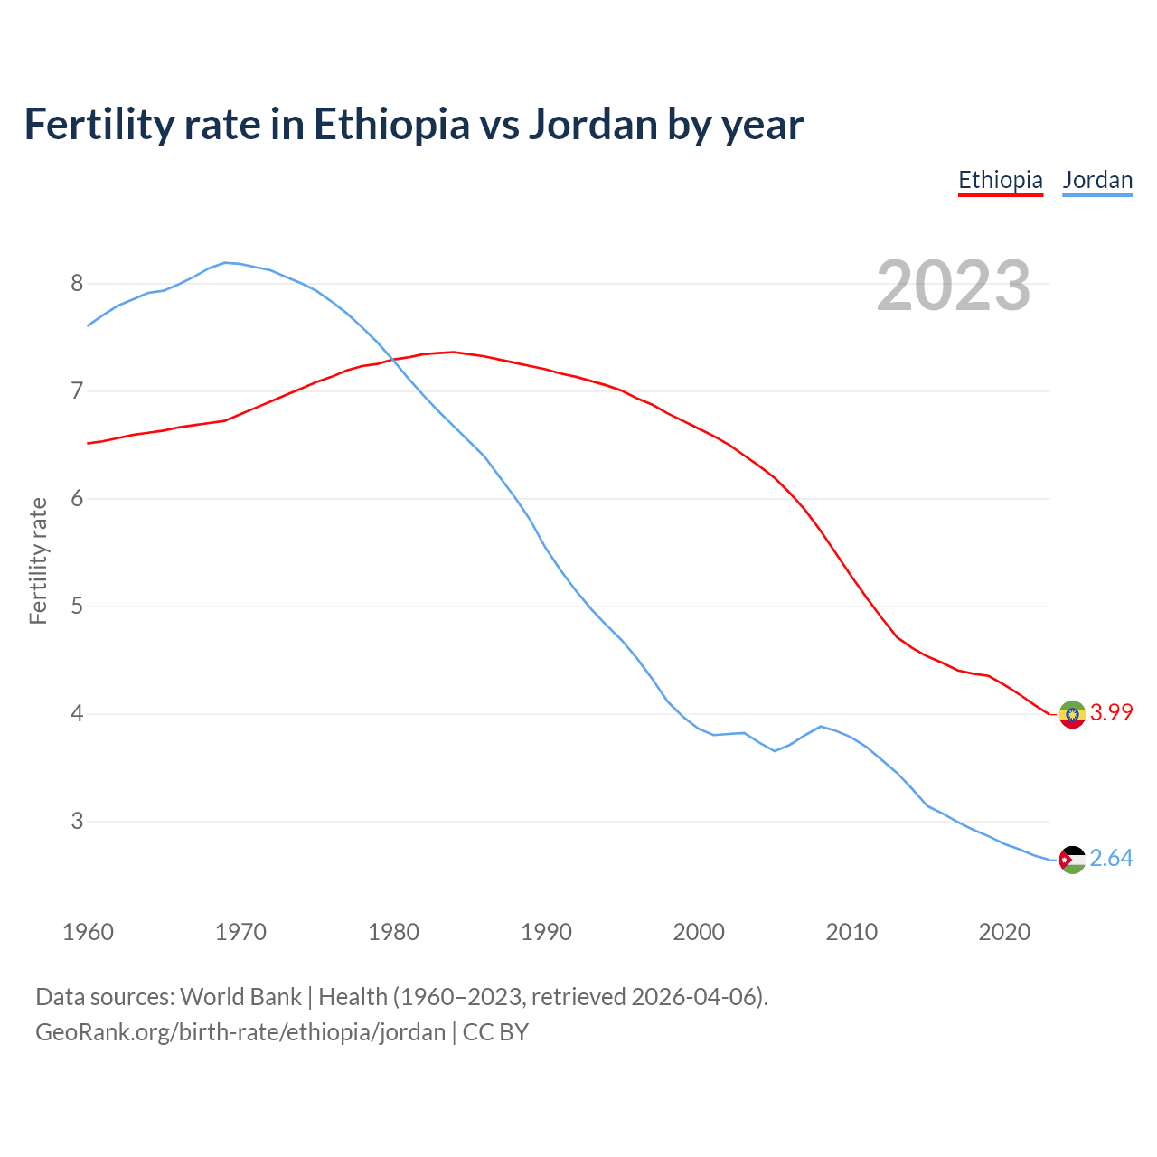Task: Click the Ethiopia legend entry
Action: click(1000, 180)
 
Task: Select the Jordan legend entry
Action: click(1097, 180)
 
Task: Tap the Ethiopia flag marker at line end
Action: click(1072, 714)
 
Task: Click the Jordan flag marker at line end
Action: click(1072, 860)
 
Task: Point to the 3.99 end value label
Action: click(1111, 712)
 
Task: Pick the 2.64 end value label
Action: click(1111, 858)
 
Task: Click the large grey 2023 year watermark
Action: click(953, 287)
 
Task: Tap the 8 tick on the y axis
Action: click(77, 284)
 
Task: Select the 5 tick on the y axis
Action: click(77, 607)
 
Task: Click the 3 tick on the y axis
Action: click(77, 822)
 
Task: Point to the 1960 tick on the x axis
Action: click(88, 932)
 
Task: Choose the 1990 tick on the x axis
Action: click(546, 932)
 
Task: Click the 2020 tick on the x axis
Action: click(1004, 932)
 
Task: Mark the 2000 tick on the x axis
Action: click(699, 932)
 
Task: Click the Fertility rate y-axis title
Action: click(38, 560)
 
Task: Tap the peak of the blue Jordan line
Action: click(226, 262)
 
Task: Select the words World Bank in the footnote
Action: click(240, 997)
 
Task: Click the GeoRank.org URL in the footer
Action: click(240, 1032)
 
